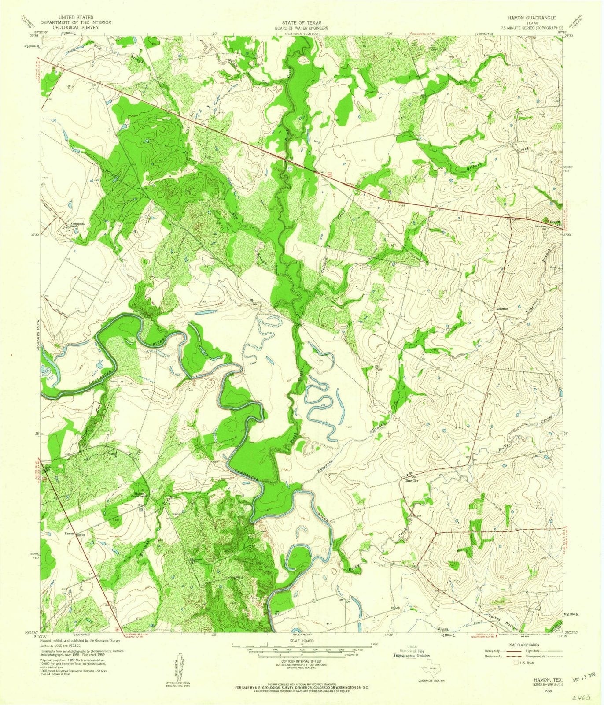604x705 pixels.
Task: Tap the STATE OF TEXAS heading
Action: tap(302, 22)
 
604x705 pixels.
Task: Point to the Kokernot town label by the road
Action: tap(502, 309)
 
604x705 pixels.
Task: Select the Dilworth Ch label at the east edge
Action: tap(553, 222)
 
